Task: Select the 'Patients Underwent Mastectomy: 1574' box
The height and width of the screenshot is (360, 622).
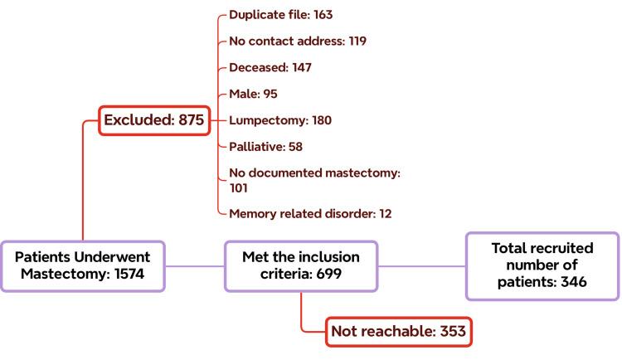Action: (x=83, y=266)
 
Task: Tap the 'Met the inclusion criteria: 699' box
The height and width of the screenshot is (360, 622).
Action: (x=301, y=266)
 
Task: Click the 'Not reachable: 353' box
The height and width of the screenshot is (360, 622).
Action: (x=398, y=332)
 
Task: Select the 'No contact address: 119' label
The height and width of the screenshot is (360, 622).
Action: (x=297, y=41)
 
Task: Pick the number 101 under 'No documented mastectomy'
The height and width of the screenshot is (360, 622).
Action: (x=240, y=187)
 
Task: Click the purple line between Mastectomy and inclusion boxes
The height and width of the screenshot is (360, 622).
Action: (x=195, y=266)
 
